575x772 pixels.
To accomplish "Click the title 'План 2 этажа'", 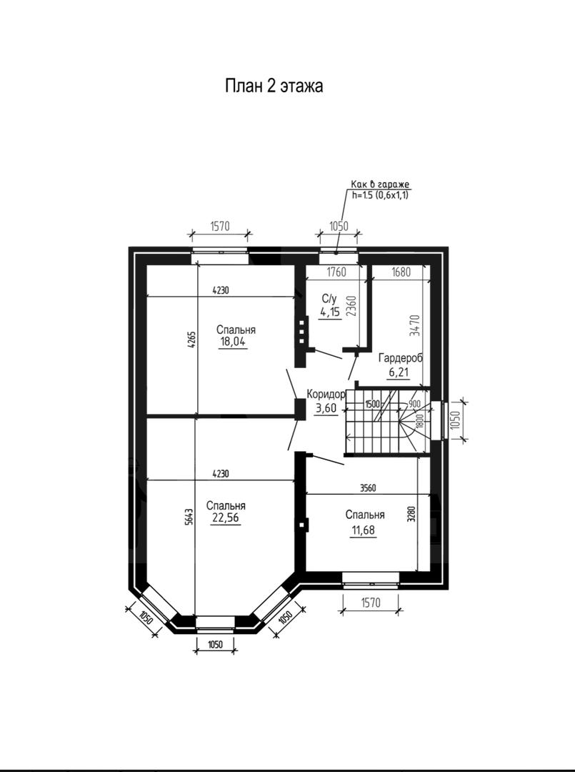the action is pos(274,86).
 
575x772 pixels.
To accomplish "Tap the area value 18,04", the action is pos(233,342).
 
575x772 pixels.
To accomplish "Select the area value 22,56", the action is pos(225,518).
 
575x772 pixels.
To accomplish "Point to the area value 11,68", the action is pos(364,530).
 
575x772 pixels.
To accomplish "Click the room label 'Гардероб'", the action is pos(401,358).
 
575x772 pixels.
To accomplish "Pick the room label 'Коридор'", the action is pos(326,395).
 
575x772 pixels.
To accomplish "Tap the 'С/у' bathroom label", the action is pos(329,299).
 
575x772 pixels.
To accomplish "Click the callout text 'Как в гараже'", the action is pos(380,184).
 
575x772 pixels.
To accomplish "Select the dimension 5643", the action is pos(190,517).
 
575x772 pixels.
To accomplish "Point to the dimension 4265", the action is pos(192,340).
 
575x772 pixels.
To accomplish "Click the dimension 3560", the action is pos(368,488).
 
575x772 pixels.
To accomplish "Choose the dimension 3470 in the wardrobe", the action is pos(416,325).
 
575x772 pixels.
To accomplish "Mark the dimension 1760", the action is pos(336,272).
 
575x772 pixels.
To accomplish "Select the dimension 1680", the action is pos(401,272).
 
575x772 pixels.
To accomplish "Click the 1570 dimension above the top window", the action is pos(220,227).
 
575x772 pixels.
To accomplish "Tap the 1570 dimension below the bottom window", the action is pos(371,602).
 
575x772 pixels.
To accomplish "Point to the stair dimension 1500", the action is pos(372,404).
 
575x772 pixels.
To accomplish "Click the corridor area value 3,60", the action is pos(326,408).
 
